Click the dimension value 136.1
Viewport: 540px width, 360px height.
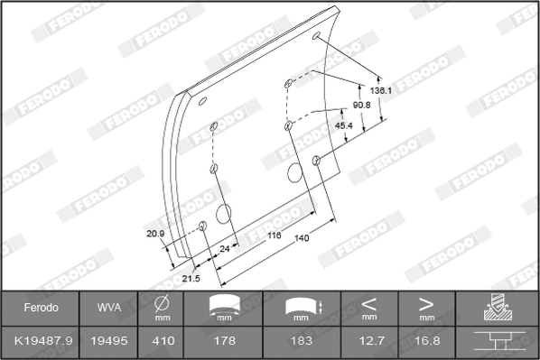tap(381, 91)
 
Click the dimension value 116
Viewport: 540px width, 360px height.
tap(275, 235)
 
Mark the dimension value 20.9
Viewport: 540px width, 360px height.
tap(155, 235)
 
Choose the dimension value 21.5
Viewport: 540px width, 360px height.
tap(191, 279)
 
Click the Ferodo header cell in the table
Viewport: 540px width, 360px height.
tap(40, 308)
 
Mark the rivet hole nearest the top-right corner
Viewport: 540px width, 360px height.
tap(317, 37)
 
